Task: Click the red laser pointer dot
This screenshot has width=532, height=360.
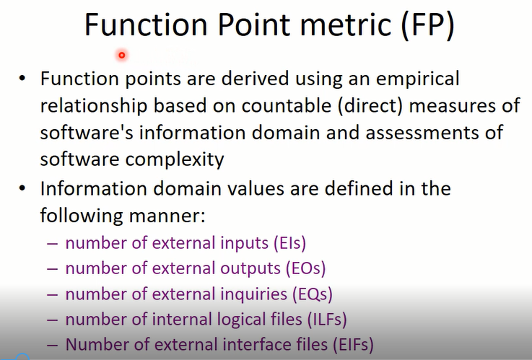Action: pyautogui.click(x=121, y=55)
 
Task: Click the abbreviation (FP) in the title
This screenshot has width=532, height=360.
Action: pyautogui.click(x=427, y=25)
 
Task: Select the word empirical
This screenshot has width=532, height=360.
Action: pyautogui.click(x=418, y=79)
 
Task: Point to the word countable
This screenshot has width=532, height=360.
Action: pyautogui.click(x=287, y=105)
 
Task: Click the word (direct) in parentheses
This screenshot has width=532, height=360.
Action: pyautogui.click(x=370, y=106)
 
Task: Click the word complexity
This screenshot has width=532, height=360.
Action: pyautogui.click(x=175, y=159)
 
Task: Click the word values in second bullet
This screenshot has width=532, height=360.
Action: pyautogui.click(x=255, y=188)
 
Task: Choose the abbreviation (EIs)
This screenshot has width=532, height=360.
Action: pyautogui.click(x=289, y=243)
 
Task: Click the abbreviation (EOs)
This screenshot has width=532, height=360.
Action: pyautogui.click(x=305, y=268)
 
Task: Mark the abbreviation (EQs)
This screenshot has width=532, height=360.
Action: pyautogui.click(x=312, y=294)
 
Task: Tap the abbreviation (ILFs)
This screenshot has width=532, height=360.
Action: pyautogui.click(x=327, y=320)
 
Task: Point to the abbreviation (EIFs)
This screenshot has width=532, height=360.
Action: pyautogui.click(x=353, y=345)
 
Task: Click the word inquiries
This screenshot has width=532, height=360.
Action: pyautogui.click(x=254, y=294)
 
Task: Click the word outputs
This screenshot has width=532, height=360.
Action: pyautogui.click(x=250, y=269)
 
